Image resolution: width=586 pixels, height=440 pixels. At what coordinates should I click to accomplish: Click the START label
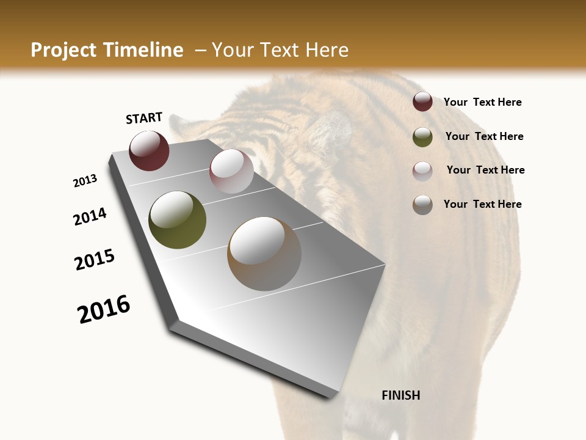coord(144,118)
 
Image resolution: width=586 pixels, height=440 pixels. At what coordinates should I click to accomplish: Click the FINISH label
coord(401,395)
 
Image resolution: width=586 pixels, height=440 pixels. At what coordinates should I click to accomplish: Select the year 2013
coord(85,181)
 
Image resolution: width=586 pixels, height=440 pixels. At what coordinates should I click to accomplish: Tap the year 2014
coord(90,217)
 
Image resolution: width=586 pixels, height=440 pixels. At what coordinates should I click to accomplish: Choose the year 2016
coord(104,309)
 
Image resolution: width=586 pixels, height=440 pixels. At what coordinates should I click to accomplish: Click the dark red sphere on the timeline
coord(149,151)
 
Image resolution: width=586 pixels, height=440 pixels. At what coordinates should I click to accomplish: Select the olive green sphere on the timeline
coord(177,220)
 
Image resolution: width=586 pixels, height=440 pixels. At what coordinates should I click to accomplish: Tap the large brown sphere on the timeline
coord(264,254)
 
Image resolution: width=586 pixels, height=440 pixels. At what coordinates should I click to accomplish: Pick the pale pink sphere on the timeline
coord(231,171)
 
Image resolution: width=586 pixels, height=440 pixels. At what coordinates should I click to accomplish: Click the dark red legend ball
coord(422,102)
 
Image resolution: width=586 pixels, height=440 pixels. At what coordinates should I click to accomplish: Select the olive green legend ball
coord(422,137)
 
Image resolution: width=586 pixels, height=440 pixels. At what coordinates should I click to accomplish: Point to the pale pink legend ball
coord(422,171)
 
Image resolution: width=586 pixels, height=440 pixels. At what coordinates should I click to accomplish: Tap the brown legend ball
coord(422,205)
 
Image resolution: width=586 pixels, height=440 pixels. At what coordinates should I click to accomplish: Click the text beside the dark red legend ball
coord(482,103)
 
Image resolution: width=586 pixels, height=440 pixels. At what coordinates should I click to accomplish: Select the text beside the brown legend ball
coord(482,204)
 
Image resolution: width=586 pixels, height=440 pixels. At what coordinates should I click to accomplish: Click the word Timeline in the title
coord(144,50)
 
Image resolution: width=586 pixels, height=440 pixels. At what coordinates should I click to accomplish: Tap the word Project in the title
coord(63,50)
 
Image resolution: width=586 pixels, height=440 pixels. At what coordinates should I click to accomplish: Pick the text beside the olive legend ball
coord(484,136)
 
